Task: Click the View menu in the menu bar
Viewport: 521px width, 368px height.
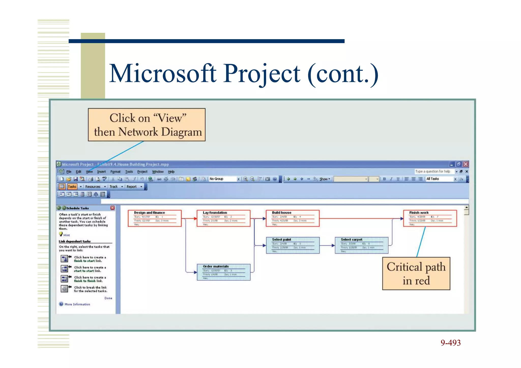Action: tap(89, 172)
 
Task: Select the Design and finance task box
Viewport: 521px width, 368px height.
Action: tap(154, 218)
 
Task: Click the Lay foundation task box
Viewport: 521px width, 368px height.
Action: tap(223, 218)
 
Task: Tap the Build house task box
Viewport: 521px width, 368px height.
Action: tap(292, 218)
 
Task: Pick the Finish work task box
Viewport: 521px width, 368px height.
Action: tap(430, 218)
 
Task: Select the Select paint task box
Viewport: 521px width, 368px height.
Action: tap(293, 245)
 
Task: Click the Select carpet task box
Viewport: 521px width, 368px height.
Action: tap(361, 245)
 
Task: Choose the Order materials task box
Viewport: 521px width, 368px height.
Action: tap(224, 272)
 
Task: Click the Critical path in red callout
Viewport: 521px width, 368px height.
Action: tap(416, 273)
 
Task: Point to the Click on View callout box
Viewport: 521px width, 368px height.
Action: tap(147, 125)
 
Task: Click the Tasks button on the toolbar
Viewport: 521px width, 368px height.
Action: tap(72, 187)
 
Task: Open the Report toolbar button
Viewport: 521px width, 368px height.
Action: tap(132, 187)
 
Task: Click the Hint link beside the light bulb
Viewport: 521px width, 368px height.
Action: tap(67, 235)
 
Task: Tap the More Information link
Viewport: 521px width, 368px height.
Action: tap(77, 304)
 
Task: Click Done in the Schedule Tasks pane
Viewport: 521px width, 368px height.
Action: tap(108, 298)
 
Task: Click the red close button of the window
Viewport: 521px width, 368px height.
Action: tap(466, 164)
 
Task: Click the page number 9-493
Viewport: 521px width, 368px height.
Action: tap(451, 343)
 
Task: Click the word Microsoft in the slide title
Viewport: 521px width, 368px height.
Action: tap(163, 74)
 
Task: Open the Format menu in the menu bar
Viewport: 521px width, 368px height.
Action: tap(115, 172)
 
